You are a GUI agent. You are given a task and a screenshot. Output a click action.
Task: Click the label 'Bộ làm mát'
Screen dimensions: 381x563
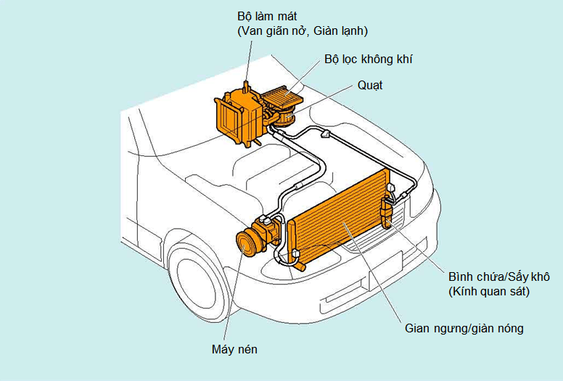(268, 15)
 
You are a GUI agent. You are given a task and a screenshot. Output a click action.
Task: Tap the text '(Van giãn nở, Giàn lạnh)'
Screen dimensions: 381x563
(303, 31)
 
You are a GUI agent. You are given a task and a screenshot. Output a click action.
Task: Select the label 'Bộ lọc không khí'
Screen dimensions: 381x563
(369, 60)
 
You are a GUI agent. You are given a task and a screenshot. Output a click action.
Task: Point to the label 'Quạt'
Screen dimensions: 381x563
(370, 86)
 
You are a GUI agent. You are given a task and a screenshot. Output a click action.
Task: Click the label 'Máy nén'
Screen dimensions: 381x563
(234, 349)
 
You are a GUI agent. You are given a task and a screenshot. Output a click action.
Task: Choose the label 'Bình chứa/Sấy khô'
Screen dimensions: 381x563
(501, 276)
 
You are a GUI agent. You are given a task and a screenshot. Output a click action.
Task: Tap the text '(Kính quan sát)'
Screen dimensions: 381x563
(489, 292)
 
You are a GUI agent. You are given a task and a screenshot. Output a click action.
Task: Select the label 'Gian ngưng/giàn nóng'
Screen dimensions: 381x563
(464, 329)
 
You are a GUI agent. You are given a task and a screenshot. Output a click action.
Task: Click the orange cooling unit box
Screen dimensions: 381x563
(236, 112)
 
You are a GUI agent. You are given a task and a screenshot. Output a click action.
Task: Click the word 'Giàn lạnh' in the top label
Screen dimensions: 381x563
(346, 31)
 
